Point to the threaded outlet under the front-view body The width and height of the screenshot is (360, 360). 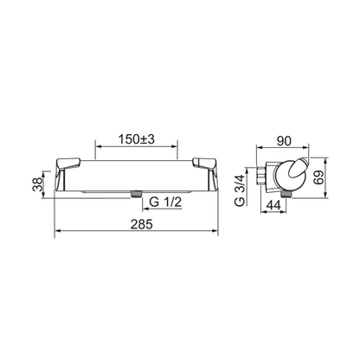click(x=136, y=194)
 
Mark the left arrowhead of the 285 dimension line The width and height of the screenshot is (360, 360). click(x=58, y=233)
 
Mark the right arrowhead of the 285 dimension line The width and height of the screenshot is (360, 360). click(x=218, y=233)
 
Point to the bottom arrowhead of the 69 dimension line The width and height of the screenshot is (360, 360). click(x=327, y=188)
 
